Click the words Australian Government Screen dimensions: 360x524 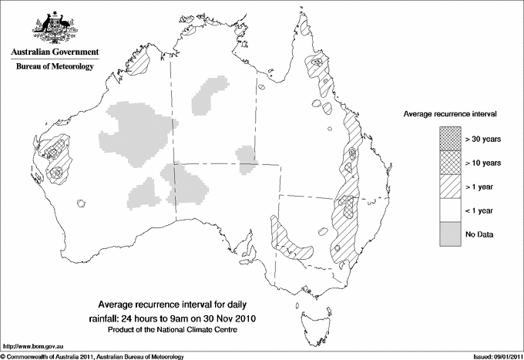coord(55,52)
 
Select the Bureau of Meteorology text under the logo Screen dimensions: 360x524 coord(55,67)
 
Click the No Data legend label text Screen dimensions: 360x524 coord(479,234)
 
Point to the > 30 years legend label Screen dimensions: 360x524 coord(482,139)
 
